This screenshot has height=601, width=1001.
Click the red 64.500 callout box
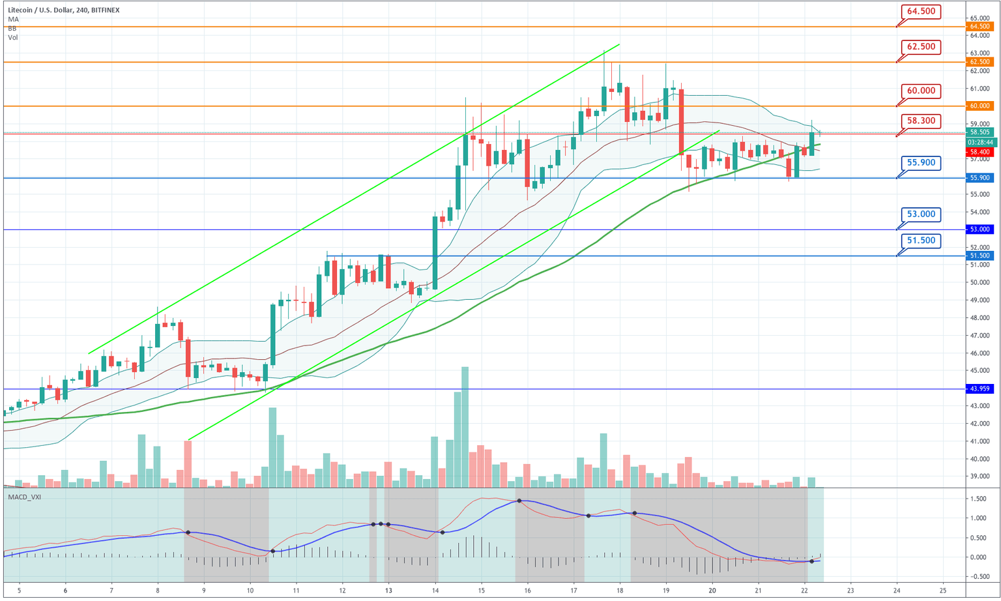tap(921, 11)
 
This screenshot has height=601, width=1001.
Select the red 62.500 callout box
tap(921, 46)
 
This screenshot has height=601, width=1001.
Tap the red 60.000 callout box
tap(921, 91)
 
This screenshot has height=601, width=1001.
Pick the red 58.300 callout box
tap(921, 121)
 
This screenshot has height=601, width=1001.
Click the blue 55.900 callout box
tap(921, 162)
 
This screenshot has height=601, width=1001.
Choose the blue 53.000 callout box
tap(921, 214)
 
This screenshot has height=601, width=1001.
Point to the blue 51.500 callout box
tap(921, 241)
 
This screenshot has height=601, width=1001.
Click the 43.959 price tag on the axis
tap(980, 389)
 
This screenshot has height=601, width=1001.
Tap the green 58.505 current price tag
tap(980, 132)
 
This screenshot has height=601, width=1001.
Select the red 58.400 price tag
tap(980, 152)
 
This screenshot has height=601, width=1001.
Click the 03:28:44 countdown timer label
tap(980, 142)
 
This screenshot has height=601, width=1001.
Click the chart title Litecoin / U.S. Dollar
tap(46, 10)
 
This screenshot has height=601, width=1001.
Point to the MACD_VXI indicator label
tap(23, 497)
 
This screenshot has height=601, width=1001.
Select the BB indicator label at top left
tap(12, 29)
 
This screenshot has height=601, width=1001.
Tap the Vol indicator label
tap(13, 38)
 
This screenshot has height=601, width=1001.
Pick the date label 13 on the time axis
tap(388, 591)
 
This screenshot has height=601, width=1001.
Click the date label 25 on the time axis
tap(943, 591)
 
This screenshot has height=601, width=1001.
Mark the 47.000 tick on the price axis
tap(980, 336)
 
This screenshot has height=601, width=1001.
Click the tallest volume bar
tap(465, 427)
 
